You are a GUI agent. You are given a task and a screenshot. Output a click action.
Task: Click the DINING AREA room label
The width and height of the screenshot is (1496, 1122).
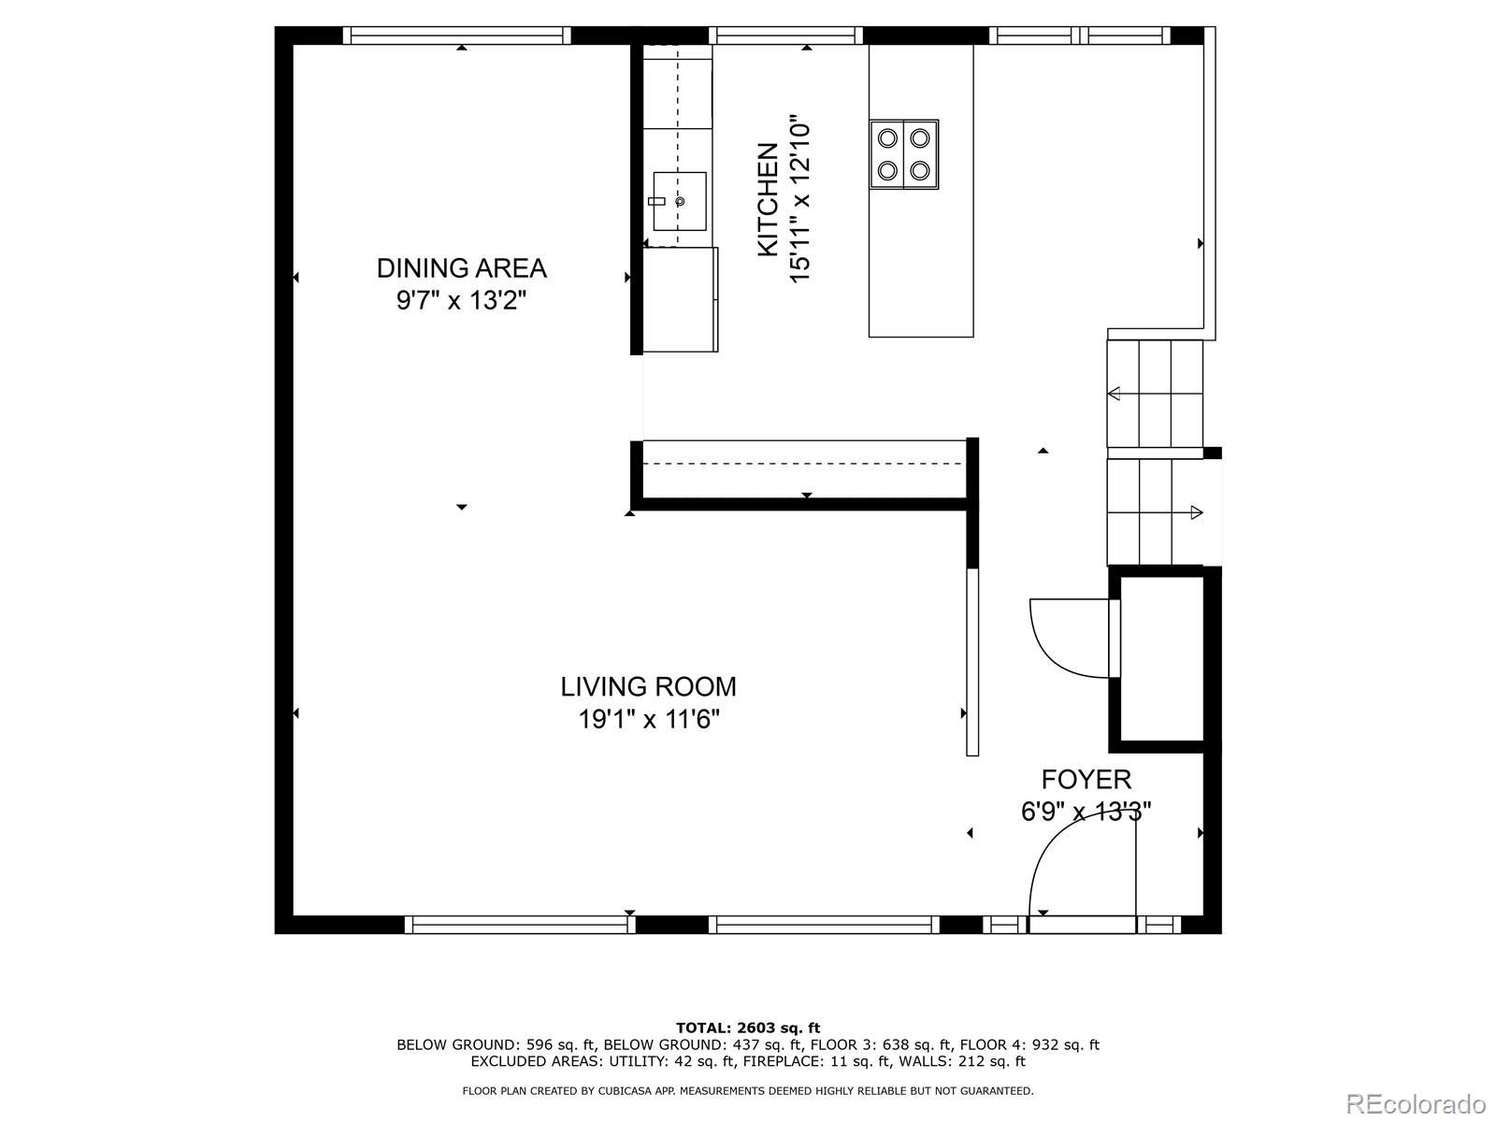[461, 268]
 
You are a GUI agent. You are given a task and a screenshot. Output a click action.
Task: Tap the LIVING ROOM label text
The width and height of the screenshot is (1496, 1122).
[648, 686]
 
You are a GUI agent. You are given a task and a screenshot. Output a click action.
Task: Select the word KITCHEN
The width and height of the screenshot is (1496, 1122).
[769, 199]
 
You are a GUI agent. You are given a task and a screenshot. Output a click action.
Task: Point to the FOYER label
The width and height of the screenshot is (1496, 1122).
[1086, 779]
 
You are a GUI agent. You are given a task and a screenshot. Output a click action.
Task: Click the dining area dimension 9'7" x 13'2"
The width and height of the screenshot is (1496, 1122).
[461, 300]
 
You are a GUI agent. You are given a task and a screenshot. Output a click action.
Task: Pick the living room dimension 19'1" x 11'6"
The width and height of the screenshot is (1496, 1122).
[649, 719]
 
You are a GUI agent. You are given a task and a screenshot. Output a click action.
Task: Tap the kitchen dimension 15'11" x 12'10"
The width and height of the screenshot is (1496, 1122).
[799, 199]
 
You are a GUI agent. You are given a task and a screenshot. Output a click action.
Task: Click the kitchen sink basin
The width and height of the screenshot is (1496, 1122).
[679, 201]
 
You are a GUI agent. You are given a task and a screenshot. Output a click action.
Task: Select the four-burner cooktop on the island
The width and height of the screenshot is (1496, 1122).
[904, 154]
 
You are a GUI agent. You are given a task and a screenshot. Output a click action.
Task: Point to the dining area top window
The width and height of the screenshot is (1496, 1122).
[456, 36]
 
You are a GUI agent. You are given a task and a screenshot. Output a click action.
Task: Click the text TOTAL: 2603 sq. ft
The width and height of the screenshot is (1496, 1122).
[748, 1028]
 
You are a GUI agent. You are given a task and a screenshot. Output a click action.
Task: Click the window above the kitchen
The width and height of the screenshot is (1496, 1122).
[785, 36]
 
